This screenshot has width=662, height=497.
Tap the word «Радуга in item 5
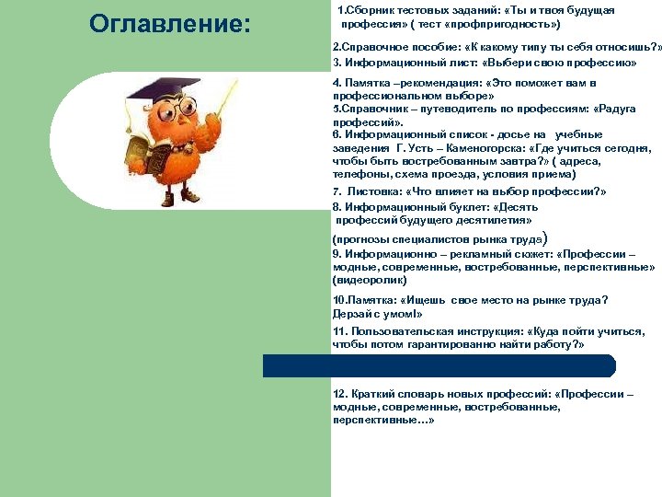pos(615,109)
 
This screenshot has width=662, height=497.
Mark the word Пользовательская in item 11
pos(402,330)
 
